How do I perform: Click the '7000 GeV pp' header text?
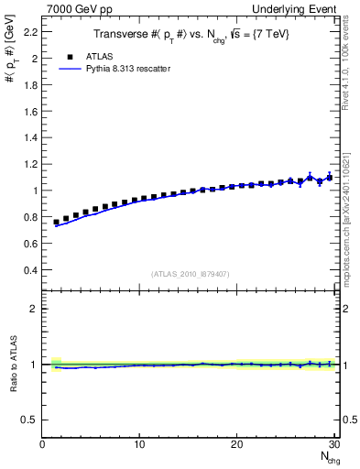(76, 8)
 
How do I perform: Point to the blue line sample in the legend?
(69, 68)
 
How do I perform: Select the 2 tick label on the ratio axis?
(35, 309)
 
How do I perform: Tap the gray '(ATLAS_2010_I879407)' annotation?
(190, 273)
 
